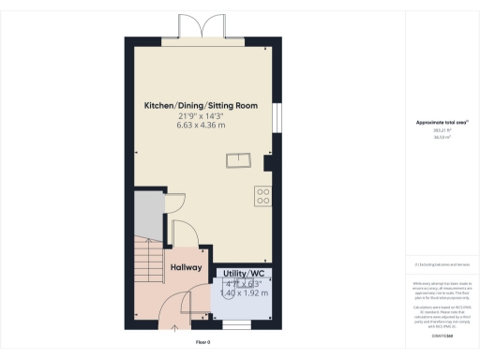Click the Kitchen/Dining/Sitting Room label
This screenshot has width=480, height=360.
click(x=200, y=106)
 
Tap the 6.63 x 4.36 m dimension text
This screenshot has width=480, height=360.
click(x=200, y=127)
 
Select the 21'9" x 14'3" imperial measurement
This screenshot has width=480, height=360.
click(x=200, y=117)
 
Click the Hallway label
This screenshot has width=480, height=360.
click(x=186, y=267)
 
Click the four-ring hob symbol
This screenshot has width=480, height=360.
click(x=263, y=197)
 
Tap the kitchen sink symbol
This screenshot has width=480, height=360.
click(x=239, y=160)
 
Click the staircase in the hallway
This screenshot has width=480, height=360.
click(x=148, y=266)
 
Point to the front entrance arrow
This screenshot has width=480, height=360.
click(x=175, y=329)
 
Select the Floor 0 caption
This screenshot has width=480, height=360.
click(x=202, y=341)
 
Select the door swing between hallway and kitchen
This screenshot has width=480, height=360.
click(x=184, y=232)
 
